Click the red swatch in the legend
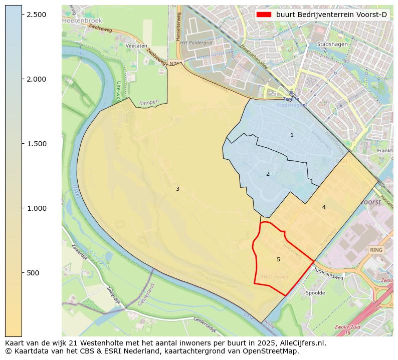pyautogui.click(x=264, y=15)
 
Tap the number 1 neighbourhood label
pyautogui.click(x=292, y=135)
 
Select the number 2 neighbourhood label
pyautogui.click(x=268, y=174)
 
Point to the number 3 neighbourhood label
pyautogui.click(x=177, y=189)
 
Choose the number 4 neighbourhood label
pyautogui.click(x=324, y=207)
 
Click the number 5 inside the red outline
pyautogui.click(x=278, y=259)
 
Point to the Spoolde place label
pyautogui.click(x=315, y=293)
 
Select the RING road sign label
pyautogui.click(x=376, y=250)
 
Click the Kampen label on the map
pyautogui.click(x=149, y=102)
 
